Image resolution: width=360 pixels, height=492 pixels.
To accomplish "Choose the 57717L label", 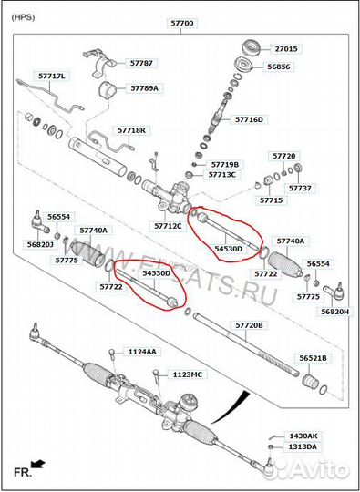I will coord(52,76).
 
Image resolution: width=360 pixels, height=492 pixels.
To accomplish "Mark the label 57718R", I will coord(131,130).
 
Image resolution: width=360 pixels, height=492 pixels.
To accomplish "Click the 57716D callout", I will coord(249,119).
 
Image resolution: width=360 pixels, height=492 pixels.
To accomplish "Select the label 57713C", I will coord(221,174).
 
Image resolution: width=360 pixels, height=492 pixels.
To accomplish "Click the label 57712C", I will coord(168,225).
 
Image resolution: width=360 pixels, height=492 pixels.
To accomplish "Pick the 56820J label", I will coord(40,244).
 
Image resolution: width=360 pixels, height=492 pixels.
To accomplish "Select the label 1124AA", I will coord(141,351).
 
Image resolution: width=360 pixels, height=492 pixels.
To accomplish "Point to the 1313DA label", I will coord(303,446).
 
